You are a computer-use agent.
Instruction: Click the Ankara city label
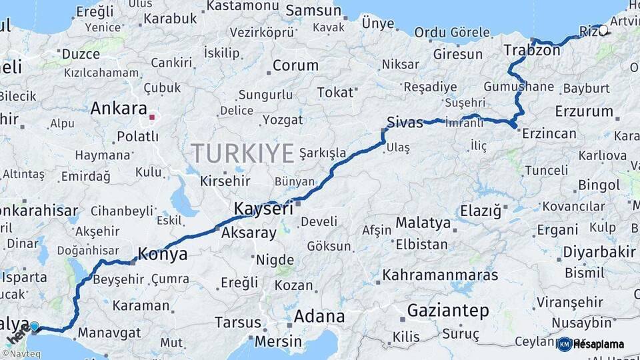tap(119, 108)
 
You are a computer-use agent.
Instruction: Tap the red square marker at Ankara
tap(152, 117)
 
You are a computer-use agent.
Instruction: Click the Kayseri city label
tap(263, 209)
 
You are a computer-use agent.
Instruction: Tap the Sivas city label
tap(405, 123)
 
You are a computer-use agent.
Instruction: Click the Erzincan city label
tap(549, 133)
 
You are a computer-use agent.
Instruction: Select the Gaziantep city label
tap(447, 310)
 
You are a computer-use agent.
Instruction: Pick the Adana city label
tap(319, 315)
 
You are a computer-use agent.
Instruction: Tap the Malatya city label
tap(423, 223)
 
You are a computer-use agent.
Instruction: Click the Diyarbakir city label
tap(599, 252)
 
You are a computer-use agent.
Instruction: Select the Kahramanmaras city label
tap(440, 275)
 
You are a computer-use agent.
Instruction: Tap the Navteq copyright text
tap(21, 353)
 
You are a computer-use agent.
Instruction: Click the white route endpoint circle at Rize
tap(603, 30)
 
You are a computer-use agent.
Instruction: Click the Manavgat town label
tap(109, 332)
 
